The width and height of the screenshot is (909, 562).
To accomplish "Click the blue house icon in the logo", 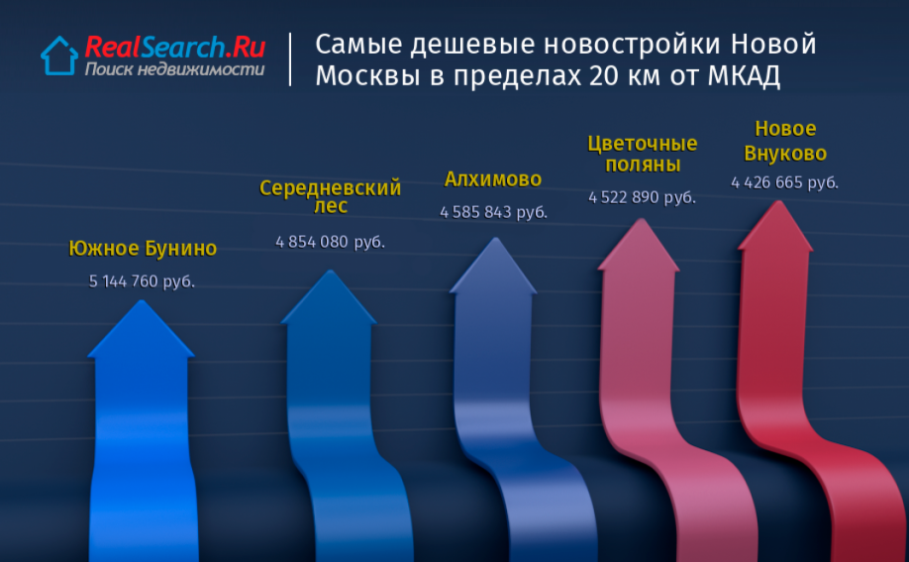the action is [59, 56].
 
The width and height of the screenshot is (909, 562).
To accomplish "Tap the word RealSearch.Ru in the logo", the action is [175, 47].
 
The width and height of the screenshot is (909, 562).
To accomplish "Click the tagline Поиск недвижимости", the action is [174, 69].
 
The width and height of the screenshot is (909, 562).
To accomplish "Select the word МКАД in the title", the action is [744, 76].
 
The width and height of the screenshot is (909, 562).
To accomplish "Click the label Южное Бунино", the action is [143, 249].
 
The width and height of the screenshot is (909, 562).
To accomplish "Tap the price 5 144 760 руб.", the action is [142, 281].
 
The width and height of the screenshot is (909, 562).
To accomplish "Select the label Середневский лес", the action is [330, 196].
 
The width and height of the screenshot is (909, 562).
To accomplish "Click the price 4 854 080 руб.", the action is [330, 242].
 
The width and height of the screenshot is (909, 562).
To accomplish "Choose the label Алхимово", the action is [493, 179].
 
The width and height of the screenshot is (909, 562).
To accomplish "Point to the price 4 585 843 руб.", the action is [493, 212].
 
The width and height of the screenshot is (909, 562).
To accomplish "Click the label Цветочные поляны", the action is [643, 154].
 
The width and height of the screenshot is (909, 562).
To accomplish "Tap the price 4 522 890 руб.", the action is [642, 197].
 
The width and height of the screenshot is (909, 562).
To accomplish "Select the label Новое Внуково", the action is [785, 141].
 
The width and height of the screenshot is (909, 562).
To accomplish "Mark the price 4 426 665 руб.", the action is [784, 182].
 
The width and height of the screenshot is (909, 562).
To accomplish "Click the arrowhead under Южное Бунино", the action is [141, 329].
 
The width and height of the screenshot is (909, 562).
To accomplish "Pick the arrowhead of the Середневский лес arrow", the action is [330, 296].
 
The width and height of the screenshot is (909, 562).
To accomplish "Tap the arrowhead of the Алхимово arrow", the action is [494, 266].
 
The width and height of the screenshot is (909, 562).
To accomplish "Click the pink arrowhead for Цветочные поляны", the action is [640, 245].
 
